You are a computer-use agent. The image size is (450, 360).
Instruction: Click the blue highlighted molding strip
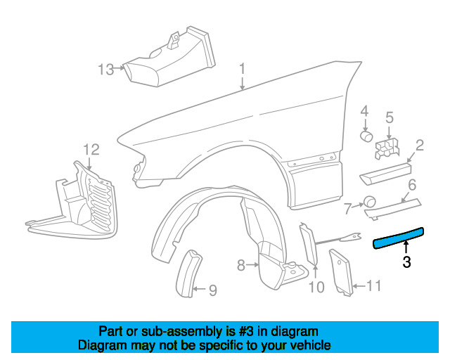pos(399,238)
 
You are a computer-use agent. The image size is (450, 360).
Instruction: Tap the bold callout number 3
pos(406,262)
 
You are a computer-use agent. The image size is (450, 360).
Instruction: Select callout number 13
pos(105,70)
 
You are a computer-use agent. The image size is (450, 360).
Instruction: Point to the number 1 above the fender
pos(243,69)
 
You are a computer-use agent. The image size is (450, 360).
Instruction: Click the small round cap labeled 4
pos(366,136)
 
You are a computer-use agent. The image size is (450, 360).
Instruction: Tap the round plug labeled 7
pos(370,202)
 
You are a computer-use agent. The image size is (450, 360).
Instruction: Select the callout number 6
pos(412,185)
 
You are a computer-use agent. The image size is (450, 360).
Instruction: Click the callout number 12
pos(91,150)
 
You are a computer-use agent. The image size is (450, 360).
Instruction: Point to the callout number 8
pos(241,265)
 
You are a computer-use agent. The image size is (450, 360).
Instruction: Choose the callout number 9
pos(212,290)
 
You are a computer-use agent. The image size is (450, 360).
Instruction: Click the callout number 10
pos(316,287)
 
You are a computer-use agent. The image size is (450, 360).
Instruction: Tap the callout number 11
pos(374,285)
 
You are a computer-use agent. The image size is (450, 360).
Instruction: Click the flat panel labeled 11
pos(341,272)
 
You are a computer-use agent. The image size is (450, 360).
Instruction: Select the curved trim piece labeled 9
pos(188,274)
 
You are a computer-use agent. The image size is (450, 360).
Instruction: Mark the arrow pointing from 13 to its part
pos(120,68)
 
